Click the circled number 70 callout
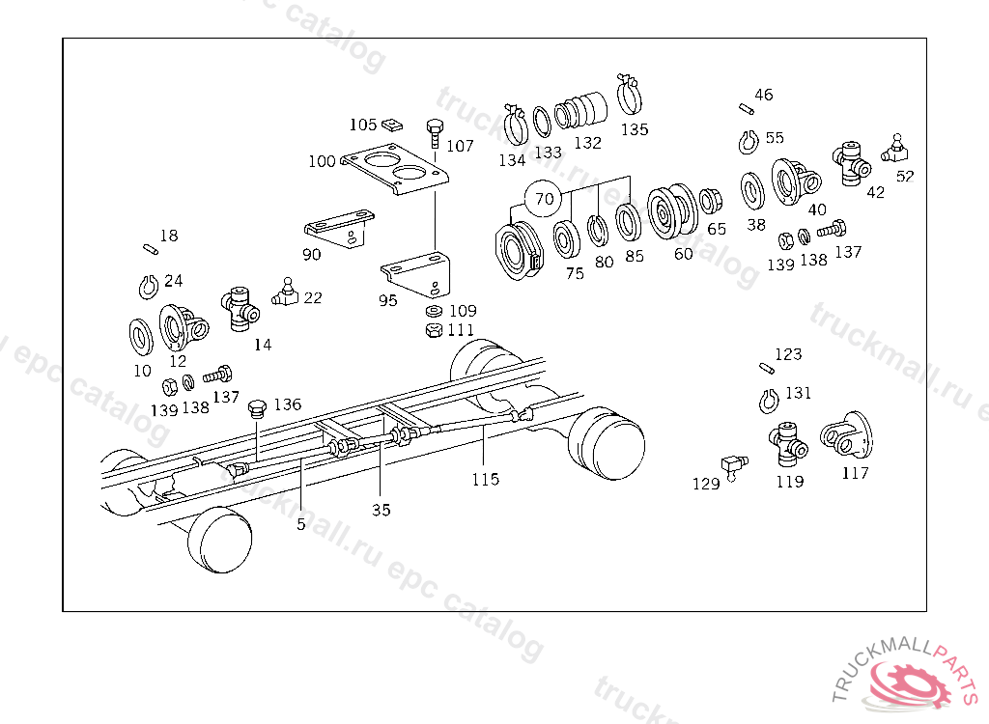pyautogui.click(x=545, y=200)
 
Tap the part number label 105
pyautogui.click(x=363, y=125)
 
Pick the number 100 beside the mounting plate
pyautogui.click(x=322, y=161)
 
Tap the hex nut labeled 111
pyautogui.click(x=435, y=330)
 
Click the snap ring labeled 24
pyautogui.click(x=145, y=287)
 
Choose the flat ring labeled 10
pyautogui.click(x=143, y=336)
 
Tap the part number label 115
pyautogui.click(x=486, y=479)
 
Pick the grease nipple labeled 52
pyautogui.click(x=894, y=151)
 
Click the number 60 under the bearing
pyautogui.click(x=683, y=254)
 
